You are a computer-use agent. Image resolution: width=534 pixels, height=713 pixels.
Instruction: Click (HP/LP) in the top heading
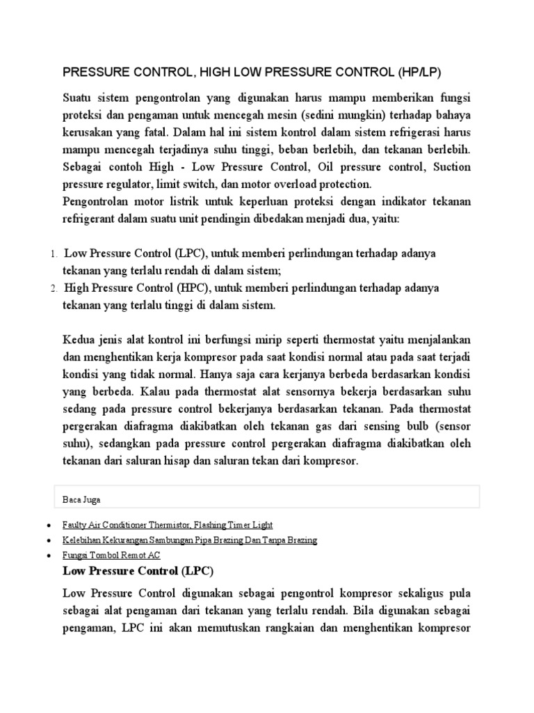click(x=420, y=72)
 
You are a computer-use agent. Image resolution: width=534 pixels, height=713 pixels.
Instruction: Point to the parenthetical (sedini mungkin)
click(x=344, y=114)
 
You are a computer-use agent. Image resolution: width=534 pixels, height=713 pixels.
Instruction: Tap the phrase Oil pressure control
click(x=373, y=166)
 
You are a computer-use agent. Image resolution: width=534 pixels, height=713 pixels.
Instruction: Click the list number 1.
click(x=53, y=254)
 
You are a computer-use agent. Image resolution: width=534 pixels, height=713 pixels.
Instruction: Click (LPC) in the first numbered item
click(x=191, y=253)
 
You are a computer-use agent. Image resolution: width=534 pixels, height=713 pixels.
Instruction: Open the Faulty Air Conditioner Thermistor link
click(x=168, y=524)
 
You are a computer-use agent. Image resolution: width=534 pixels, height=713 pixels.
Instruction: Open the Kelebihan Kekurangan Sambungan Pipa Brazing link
click(x=190, y=540)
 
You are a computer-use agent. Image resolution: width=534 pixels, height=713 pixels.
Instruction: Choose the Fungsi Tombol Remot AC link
click(x=111, y=556)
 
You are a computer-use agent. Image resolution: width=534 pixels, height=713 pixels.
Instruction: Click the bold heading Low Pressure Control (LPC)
click(x=138, y=571)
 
